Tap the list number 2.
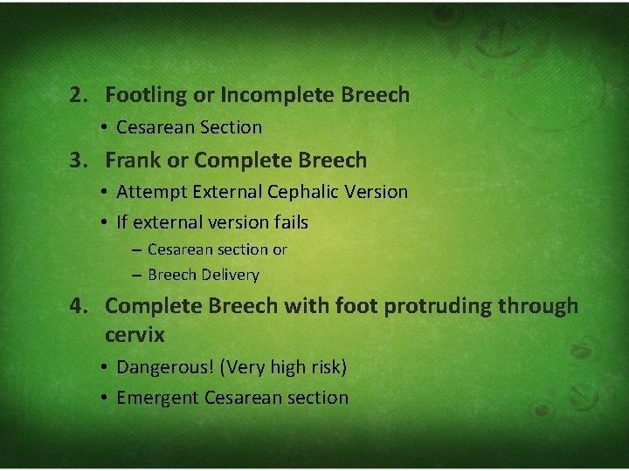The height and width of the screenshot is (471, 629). [x=79, y=95]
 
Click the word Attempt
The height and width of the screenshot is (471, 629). [x=150, y=192]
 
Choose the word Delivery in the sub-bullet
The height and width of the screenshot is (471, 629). [x=230, y=276]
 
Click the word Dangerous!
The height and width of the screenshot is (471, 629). [x=165, y=368]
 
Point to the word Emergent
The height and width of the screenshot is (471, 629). [x=157, y=399]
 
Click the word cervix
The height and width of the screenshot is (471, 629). [x=135, y=334]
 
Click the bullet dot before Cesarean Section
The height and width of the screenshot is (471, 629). [x=103, y=128]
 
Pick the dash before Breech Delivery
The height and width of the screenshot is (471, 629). [x=138, y=276]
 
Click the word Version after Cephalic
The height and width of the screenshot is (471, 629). [x=377, y=192]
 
